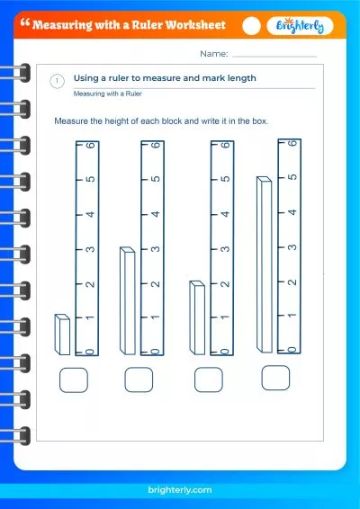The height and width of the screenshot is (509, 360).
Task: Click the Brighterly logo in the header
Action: point(301,27)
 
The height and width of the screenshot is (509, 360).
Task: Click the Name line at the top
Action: point(274,55)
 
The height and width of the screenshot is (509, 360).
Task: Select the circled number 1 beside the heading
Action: point(58,81)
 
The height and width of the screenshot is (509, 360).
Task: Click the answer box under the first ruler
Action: point(74,380)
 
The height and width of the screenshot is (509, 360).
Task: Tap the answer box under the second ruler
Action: point(139,380)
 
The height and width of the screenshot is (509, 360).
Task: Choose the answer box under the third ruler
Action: point(209,380)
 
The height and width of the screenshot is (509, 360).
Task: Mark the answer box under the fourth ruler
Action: point(276,378)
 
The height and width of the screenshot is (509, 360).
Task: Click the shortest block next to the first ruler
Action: point(62,335)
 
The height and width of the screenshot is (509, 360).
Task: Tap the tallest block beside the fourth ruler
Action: point(265,263)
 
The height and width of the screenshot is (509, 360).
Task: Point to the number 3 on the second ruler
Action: point(157,249)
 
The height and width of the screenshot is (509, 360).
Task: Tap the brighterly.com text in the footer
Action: point(180,491)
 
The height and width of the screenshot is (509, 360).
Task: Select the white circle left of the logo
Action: point(252,27)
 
